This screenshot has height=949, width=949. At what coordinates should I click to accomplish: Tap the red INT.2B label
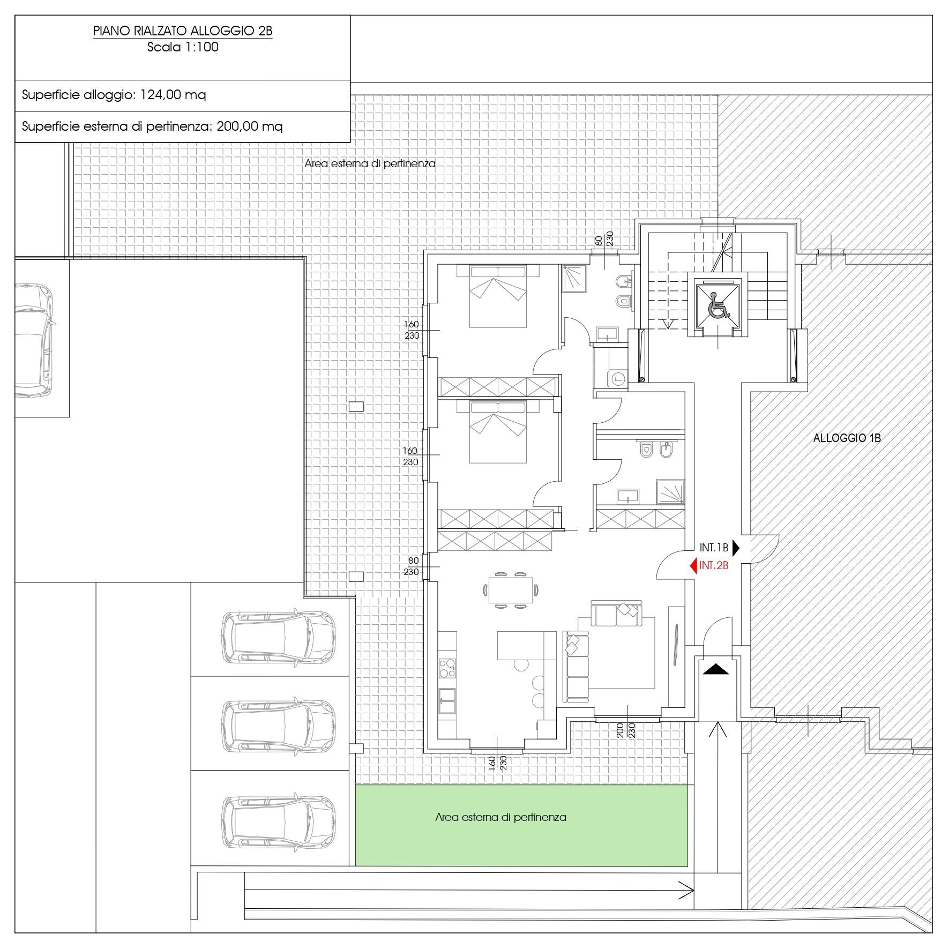click(714, 565)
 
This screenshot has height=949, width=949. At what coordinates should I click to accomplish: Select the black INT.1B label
click(714, 548)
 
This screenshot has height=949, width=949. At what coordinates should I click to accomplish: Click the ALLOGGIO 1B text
click(847, 438)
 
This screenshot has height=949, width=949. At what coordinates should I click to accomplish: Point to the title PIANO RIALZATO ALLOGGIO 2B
click(183, 31)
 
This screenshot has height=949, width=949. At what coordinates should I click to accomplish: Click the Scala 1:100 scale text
click(183, 47)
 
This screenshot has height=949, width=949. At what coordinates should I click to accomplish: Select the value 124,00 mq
click(173, 95)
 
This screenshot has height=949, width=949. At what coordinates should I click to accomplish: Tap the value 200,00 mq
click(250, 127)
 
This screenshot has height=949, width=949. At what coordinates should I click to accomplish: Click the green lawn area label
click(500, 817)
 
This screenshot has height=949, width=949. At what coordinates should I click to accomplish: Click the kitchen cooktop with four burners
click(447, 668)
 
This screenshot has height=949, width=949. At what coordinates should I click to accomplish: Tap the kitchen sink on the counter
click(447, 701)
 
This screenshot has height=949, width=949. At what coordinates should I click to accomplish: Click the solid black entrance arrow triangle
click(716, 669)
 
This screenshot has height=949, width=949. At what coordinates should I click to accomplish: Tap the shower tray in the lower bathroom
click(670, 492)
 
